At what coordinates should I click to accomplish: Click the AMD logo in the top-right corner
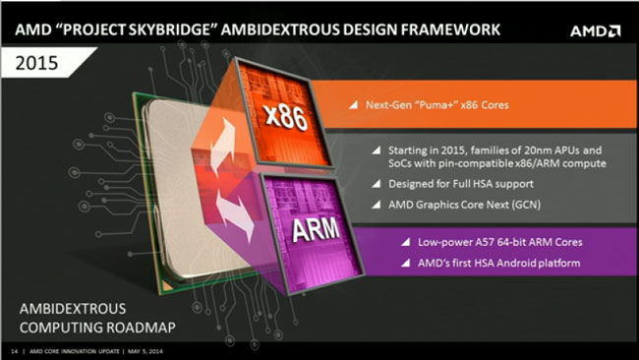pyautogui.click(x=595, y=30)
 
